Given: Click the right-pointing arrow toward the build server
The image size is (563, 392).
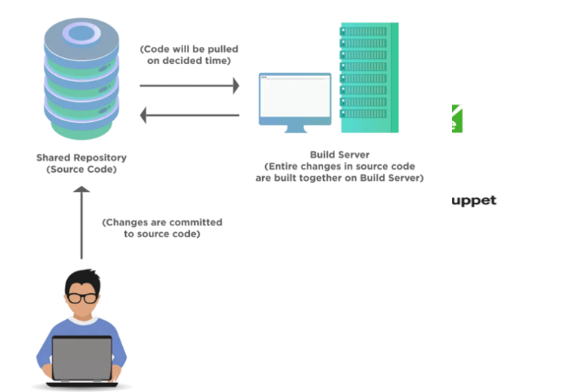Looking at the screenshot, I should (x=189, y=86).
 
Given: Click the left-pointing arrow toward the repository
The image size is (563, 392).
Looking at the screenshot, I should (x=189, y=115).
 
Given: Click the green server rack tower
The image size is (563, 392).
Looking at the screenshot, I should (x=369, y=77).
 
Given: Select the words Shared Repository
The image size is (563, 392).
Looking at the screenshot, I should (x=81, y=158).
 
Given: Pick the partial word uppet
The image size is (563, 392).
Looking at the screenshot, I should (x=474, y=201).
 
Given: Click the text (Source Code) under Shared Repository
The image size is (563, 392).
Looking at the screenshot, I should (x=81, y=170).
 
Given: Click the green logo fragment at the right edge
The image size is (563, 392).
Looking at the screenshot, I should (x=457, y=119).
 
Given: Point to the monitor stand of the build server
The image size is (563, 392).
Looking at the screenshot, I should (x=295, y=128).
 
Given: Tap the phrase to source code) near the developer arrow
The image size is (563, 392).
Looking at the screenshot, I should (x=162, y=234).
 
